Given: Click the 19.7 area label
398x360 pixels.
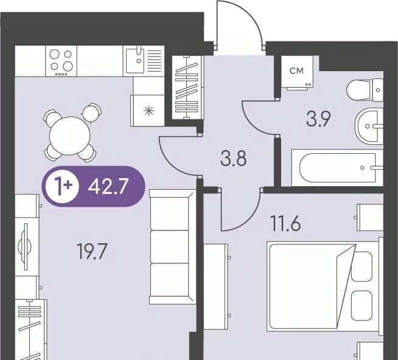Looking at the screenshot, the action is pyautogui.click(x=92, y=251).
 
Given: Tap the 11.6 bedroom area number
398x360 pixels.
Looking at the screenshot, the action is pyautogui.click(x=285, y=223).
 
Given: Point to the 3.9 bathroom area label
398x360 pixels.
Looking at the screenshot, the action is pyautogui.click(x=318, y=119).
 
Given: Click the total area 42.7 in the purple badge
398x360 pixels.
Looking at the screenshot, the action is pyautogui.click(x=107, y=186).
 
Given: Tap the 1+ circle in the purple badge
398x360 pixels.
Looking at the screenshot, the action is pyautogui.click(x=62, y=187).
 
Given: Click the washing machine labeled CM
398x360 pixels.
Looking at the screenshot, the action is pyautogui.click(x=297, y=72).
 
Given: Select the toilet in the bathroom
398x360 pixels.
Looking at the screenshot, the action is pyautogui.click(x=365, y=90).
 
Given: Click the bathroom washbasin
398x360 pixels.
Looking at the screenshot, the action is pyautogui.click(x=369, y=126).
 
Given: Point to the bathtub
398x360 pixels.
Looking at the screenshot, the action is pyautogui.click(x=337, y=168).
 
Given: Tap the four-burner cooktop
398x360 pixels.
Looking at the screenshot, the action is pyautogui.click(x=61, y=61).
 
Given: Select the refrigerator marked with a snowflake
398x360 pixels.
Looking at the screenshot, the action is pyautogui.click(x=147, y=110).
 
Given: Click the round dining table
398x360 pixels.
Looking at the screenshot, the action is pyautogui.click(x=70, y=136).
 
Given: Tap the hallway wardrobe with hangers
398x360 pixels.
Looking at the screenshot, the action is pyautogui.click(x=187, y=88).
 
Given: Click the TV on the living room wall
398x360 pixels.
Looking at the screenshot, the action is pyautogui.click(x=25, y=247).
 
